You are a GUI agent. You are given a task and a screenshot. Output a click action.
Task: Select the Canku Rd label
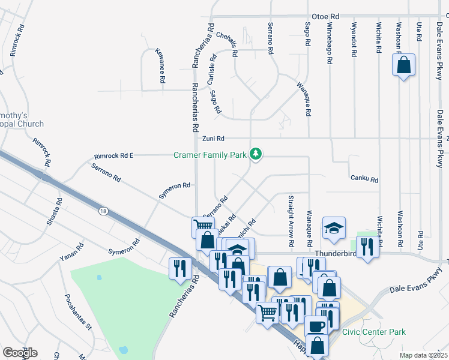click(x=364, y=179)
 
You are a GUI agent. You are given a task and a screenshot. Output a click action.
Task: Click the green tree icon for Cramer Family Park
click(x=256, y=154)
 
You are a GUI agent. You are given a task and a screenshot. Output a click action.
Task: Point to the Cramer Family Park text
click(x=210, y=155)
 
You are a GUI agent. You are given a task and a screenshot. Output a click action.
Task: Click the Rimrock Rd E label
click(x=113, y=156)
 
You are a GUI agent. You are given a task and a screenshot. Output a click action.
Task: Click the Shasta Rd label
click(x=55, y=212)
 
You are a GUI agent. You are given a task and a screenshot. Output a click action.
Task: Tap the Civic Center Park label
click(x=373, y=332)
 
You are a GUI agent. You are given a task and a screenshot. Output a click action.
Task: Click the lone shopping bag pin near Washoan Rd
click(x=404, y=65)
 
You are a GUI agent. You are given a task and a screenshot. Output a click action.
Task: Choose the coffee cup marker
click(x=316, y=326)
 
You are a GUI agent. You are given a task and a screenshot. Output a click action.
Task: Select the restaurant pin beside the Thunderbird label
click(x=366, y=245)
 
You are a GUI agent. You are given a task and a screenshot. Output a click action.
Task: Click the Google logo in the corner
click(x=19, y=352)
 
